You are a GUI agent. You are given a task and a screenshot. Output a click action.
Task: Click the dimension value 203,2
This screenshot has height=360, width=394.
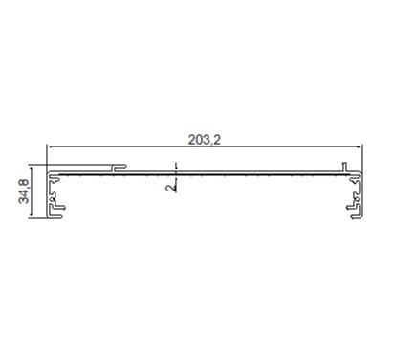204,140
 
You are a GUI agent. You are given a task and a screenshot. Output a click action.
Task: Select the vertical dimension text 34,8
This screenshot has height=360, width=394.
24,191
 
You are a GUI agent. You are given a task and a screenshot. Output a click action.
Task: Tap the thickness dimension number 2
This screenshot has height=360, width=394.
171,187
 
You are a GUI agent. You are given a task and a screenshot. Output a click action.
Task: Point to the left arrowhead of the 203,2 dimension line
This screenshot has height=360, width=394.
50,146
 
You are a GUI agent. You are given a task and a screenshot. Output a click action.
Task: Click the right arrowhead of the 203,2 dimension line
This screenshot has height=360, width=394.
360,146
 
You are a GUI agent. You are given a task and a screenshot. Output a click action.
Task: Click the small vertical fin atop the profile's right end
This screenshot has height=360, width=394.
344,167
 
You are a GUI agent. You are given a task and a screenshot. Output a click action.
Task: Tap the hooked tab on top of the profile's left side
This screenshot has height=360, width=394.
120,167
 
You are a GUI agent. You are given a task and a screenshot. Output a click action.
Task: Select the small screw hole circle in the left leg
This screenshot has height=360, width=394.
52,199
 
